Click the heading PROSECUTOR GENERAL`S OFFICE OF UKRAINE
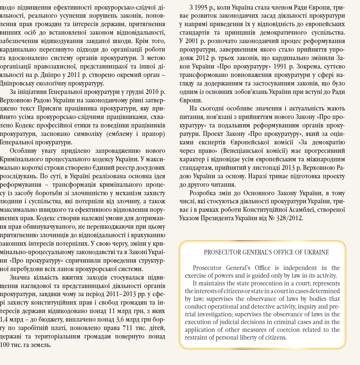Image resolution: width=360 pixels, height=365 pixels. point(267,253)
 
